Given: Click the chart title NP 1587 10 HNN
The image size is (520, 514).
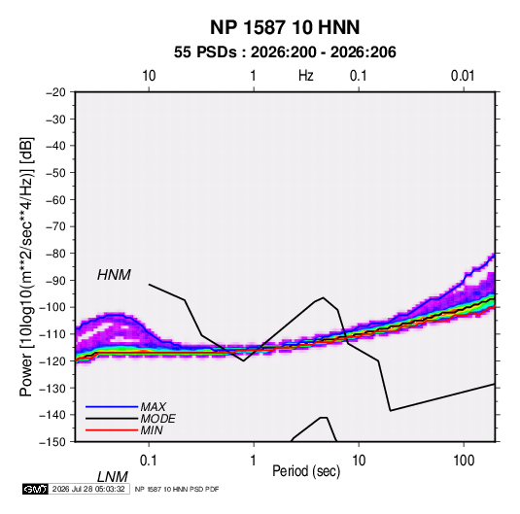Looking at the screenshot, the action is click(x=285, y=27).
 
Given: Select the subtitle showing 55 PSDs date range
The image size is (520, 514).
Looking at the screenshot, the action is click(x=285, y=52).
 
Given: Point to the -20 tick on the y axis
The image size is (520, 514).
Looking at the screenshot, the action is click(x=55, y=92).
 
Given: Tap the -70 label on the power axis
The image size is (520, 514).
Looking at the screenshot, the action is click(x=55, y=226).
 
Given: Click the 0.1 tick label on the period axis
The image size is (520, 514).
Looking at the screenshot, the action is click(x=149, y=461).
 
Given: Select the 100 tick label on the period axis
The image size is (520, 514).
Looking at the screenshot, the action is click(x=464, y=461).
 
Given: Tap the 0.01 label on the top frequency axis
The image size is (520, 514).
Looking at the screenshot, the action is click(x=463, y=76).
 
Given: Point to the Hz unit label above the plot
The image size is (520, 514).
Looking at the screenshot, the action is click(x=306, y=76).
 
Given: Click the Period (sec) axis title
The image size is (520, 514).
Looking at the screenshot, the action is click(x=306, y=471).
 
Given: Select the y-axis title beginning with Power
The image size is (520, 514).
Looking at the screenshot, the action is click(x=26, y=266).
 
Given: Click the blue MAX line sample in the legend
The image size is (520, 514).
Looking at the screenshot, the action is click(x=112, y=407).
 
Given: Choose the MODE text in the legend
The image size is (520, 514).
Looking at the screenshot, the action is click(x=157, y=419).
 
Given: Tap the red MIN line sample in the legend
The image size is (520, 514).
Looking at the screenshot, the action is click(x=112, y=430).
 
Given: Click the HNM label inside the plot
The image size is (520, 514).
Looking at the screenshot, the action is click(x=114, y=275).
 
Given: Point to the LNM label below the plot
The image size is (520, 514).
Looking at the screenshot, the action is click(x=113, y=477).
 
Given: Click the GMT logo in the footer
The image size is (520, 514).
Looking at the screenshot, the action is click(x=35, y=489).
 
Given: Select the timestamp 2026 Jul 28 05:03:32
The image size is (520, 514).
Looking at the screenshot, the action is click(x=88, y=489).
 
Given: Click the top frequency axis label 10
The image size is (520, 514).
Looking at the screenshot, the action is click(x=149, y=76).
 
